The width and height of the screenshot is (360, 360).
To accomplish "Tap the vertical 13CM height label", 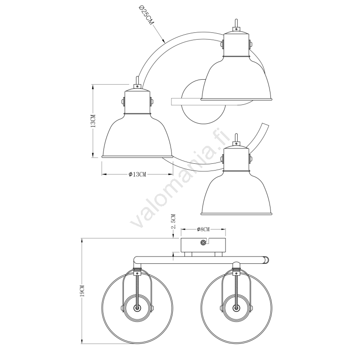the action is point(93,121).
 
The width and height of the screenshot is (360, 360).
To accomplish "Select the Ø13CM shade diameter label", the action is point(137,175).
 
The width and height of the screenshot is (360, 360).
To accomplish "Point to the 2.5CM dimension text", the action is point(174,221).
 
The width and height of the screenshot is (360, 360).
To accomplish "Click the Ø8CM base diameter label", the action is point(203,229).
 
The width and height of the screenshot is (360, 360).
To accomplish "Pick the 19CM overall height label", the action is point(83,291).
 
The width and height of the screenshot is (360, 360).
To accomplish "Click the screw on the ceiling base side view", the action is point(203,242).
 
